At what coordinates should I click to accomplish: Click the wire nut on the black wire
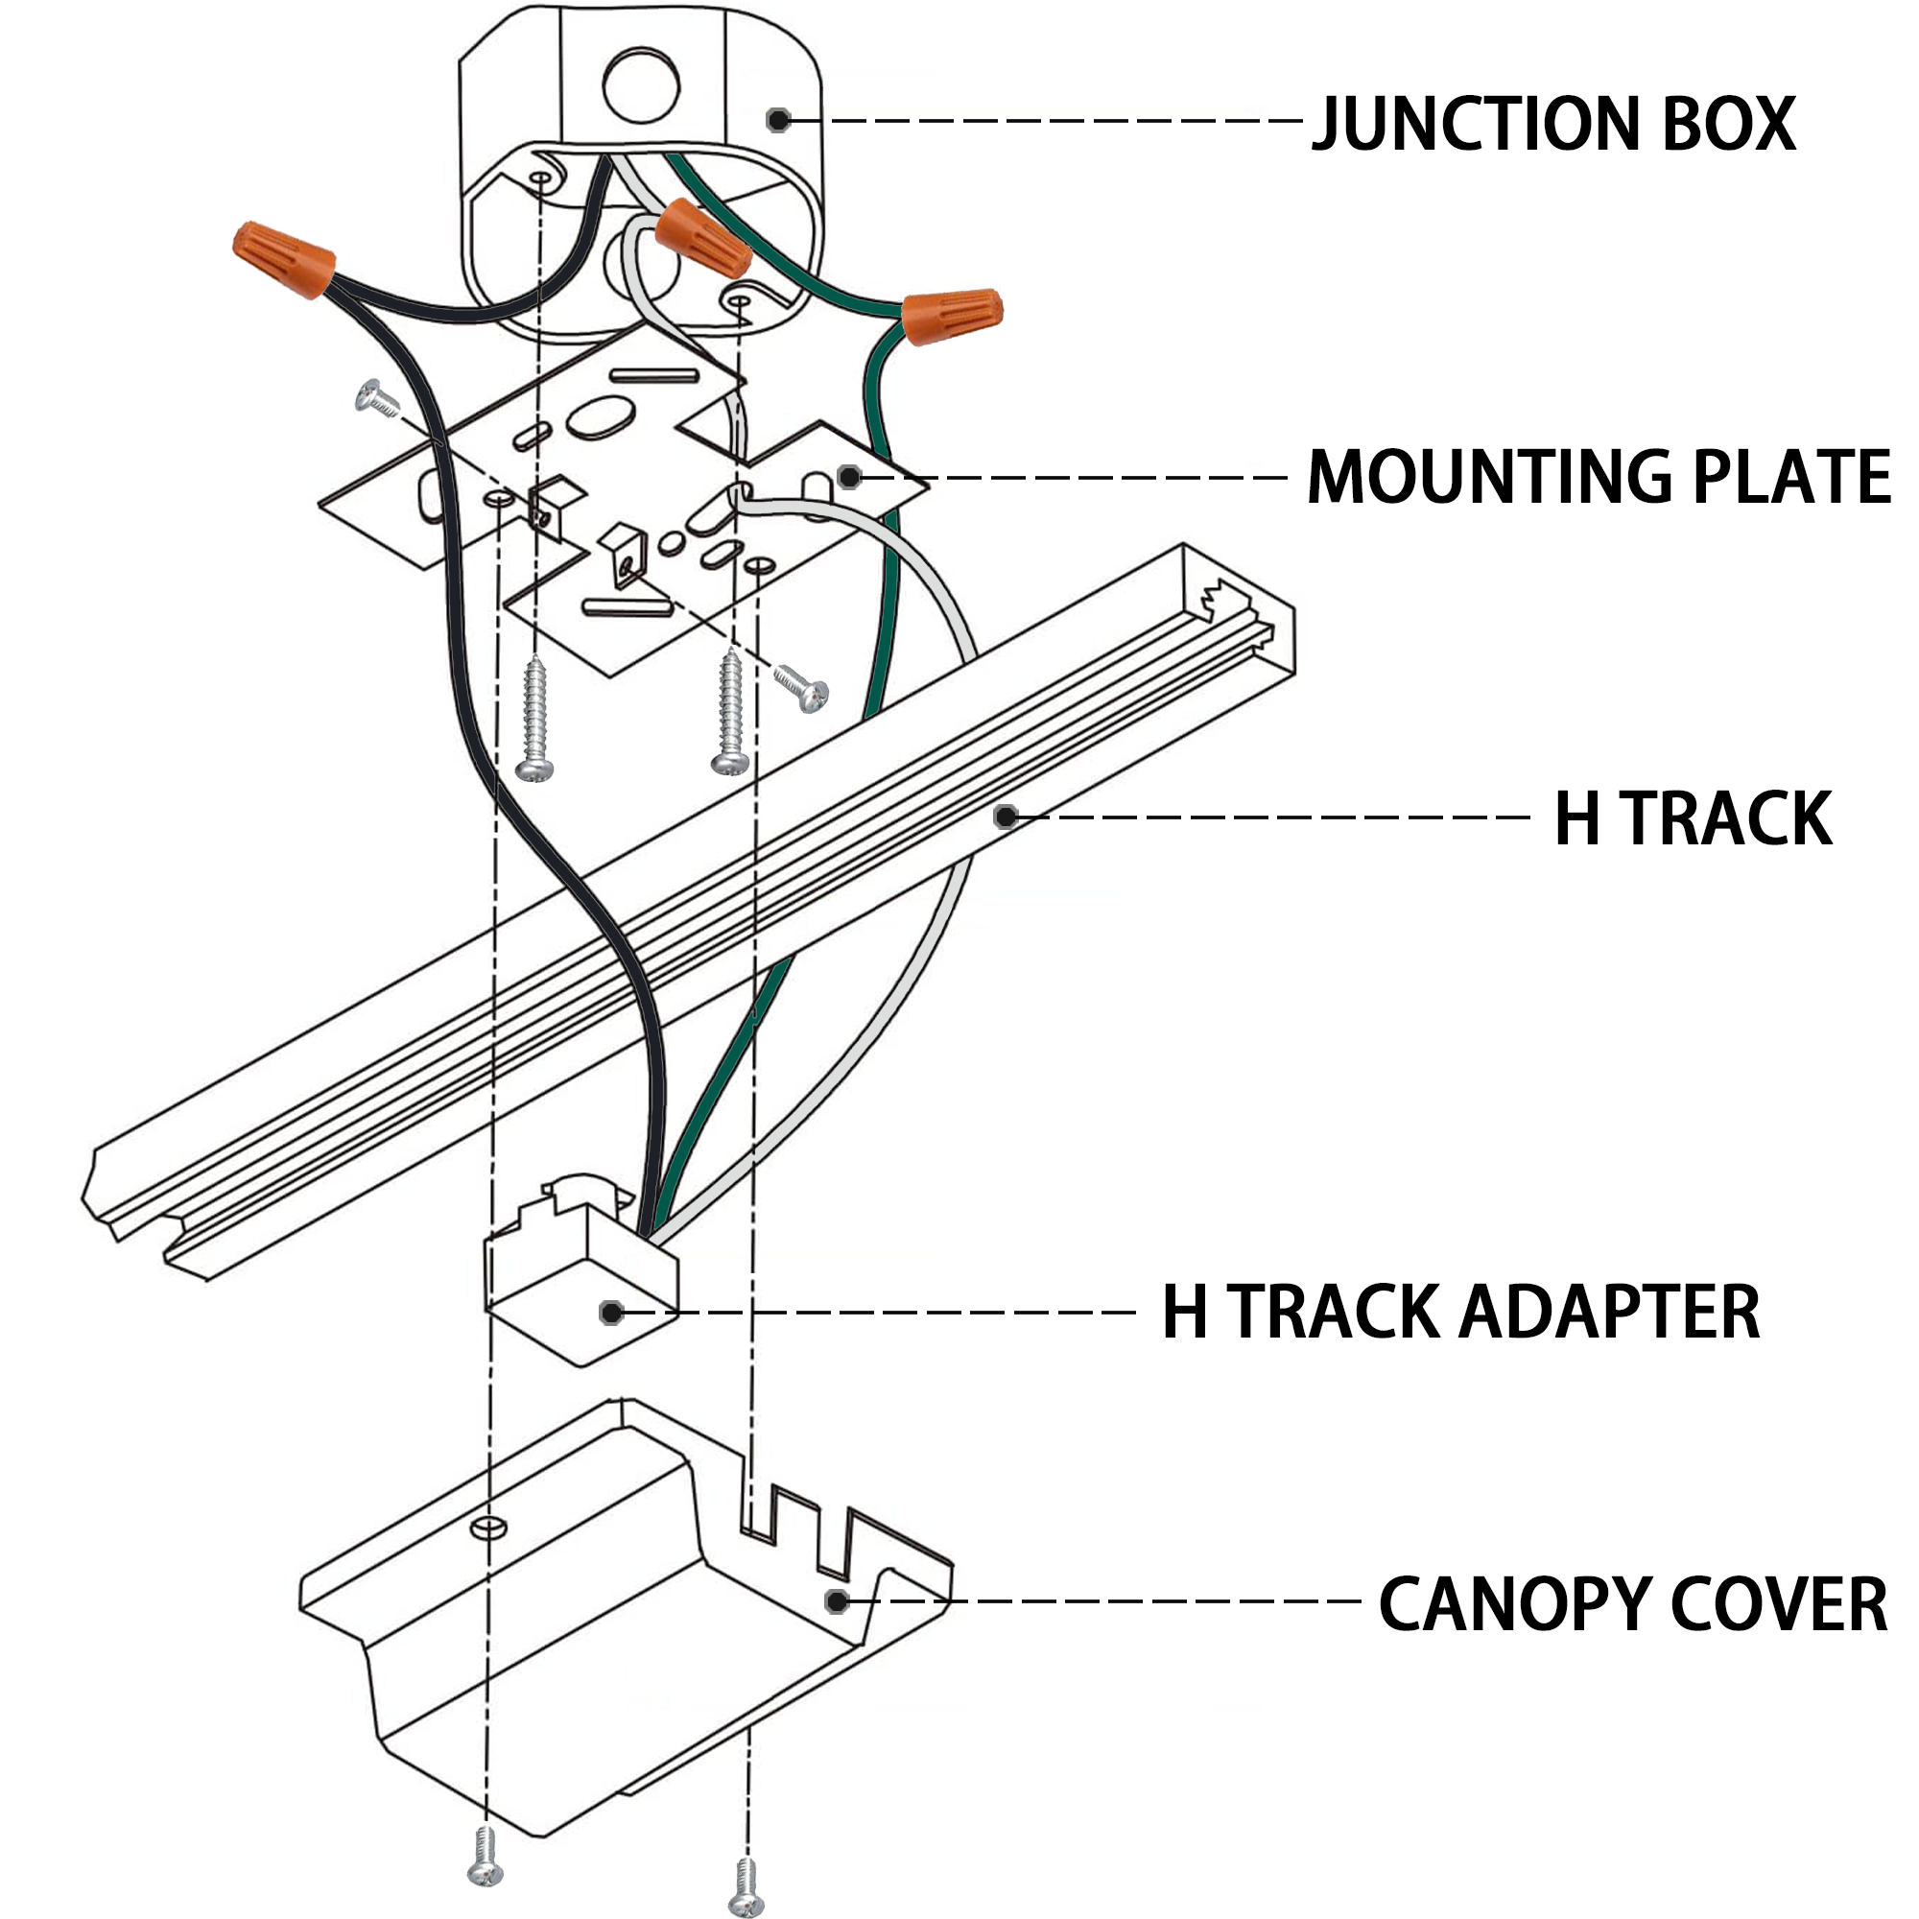pos(283,258)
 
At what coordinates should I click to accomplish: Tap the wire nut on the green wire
pos(952,317)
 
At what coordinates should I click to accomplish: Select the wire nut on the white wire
pos(702,236)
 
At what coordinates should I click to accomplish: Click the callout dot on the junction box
pos(779,120)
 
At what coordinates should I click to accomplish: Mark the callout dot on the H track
pos(1007,817)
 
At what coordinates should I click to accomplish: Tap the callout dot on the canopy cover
pos(837,1601)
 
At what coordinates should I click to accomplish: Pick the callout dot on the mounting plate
pos(848,477)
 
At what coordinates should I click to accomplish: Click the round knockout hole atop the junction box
pos(641,86)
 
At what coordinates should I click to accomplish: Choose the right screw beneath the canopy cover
pos(746,1887)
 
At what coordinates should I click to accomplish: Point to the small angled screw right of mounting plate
pos(801,686)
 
